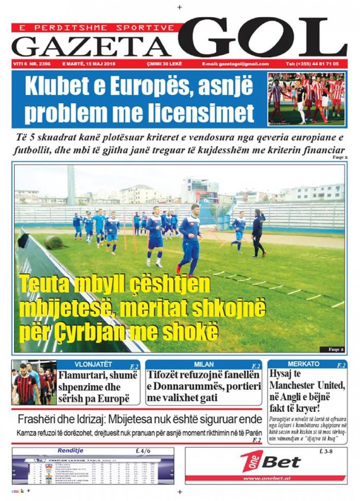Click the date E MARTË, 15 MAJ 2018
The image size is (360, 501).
[x=86, y=64]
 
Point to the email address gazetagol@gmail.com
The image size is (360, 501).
[x=235, y=64]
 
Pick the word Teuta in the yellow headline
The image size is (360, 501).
[x=42, y=285]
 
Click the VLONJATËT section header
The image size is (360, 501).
[x=93, y=364]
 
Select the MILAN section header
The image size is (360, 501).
[x=204, y=364]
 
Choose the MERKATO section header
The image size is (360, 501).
[x=304, y=364]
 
